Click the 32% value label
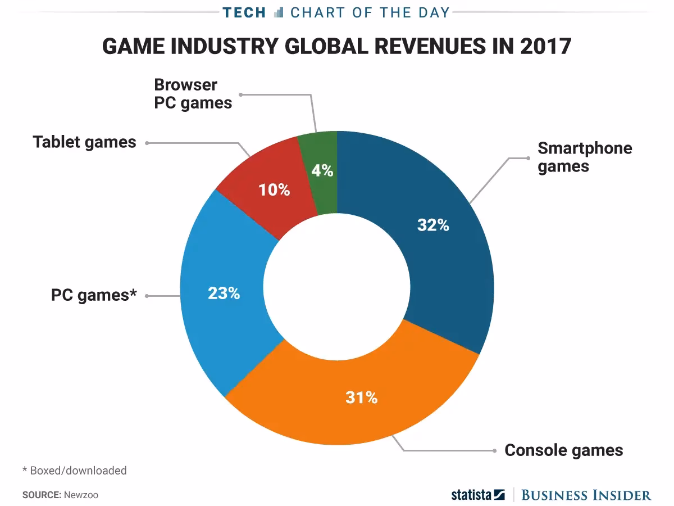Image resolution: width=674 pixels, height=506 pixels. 433,225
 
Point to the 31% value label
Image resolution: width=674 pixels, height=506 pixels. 361,397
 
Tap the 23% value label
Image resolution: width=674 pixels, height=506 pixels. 224,293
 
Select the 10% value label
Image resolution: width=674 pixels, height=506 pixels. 274,190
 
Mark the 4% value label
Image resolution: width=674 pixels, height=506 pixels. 323,170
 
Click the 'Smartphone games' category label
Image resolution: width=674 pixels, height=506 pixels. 584,157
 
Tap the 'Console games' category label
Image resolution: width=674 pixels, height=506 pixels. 563,450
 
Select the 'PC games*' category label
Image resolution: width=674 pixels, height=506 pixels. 94,295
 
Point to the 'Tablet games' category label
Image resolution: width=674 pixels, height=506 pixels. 84,142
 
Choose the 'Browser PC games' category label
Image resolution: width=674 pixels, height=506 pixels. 193,94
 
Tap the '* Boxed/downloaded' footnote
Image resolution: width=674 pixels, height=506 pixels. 74,470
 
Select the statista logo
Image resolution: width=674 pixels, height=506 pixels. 478,495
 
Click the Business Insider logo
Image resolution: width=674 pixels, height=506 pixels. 586,495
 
